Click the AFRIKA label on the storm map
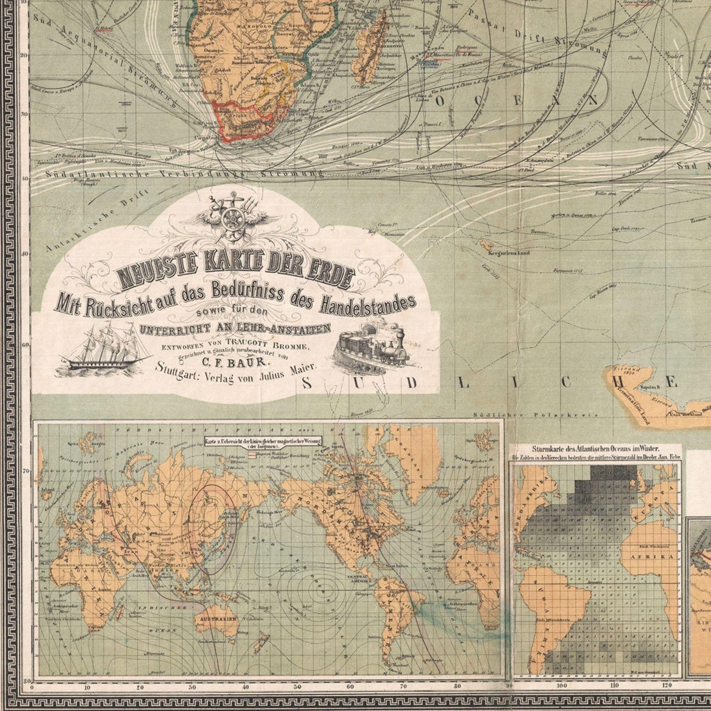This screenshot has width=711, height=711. [x=658, y=556]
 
